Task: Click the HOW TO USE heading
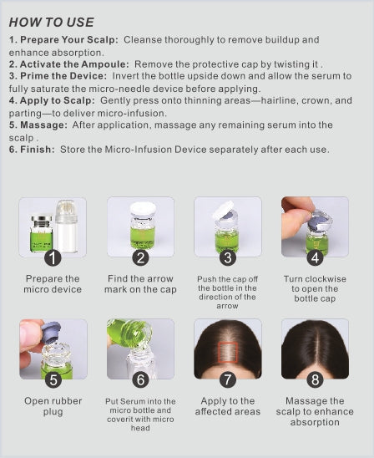[52, 23]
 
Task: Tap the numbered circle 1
[53, 257]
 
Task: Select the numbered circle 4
[315, 257]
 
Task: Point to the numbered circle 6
[140, 379]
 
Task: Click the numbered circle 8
[315, 379]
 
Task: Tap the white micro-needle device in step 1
[67, 226]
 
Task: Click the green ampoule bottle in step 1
[42, 234]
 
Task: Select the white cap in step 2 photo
[143, 210]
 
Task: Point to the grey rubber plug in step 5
[50, 332]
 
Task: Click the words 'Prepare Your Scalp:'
[69, 40]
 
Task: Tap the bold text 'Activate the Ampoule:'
[74, 64]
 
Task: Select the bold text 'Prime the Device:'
[63, 76]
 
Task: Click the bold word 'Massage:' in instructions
[43, 125]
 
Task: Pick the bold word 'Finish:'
[38, 150]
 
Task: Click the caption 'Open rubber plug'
[53, 406]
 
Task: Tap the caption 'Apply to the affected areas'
[228, 406]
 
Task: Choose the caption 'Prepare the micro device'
[53, 284]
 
